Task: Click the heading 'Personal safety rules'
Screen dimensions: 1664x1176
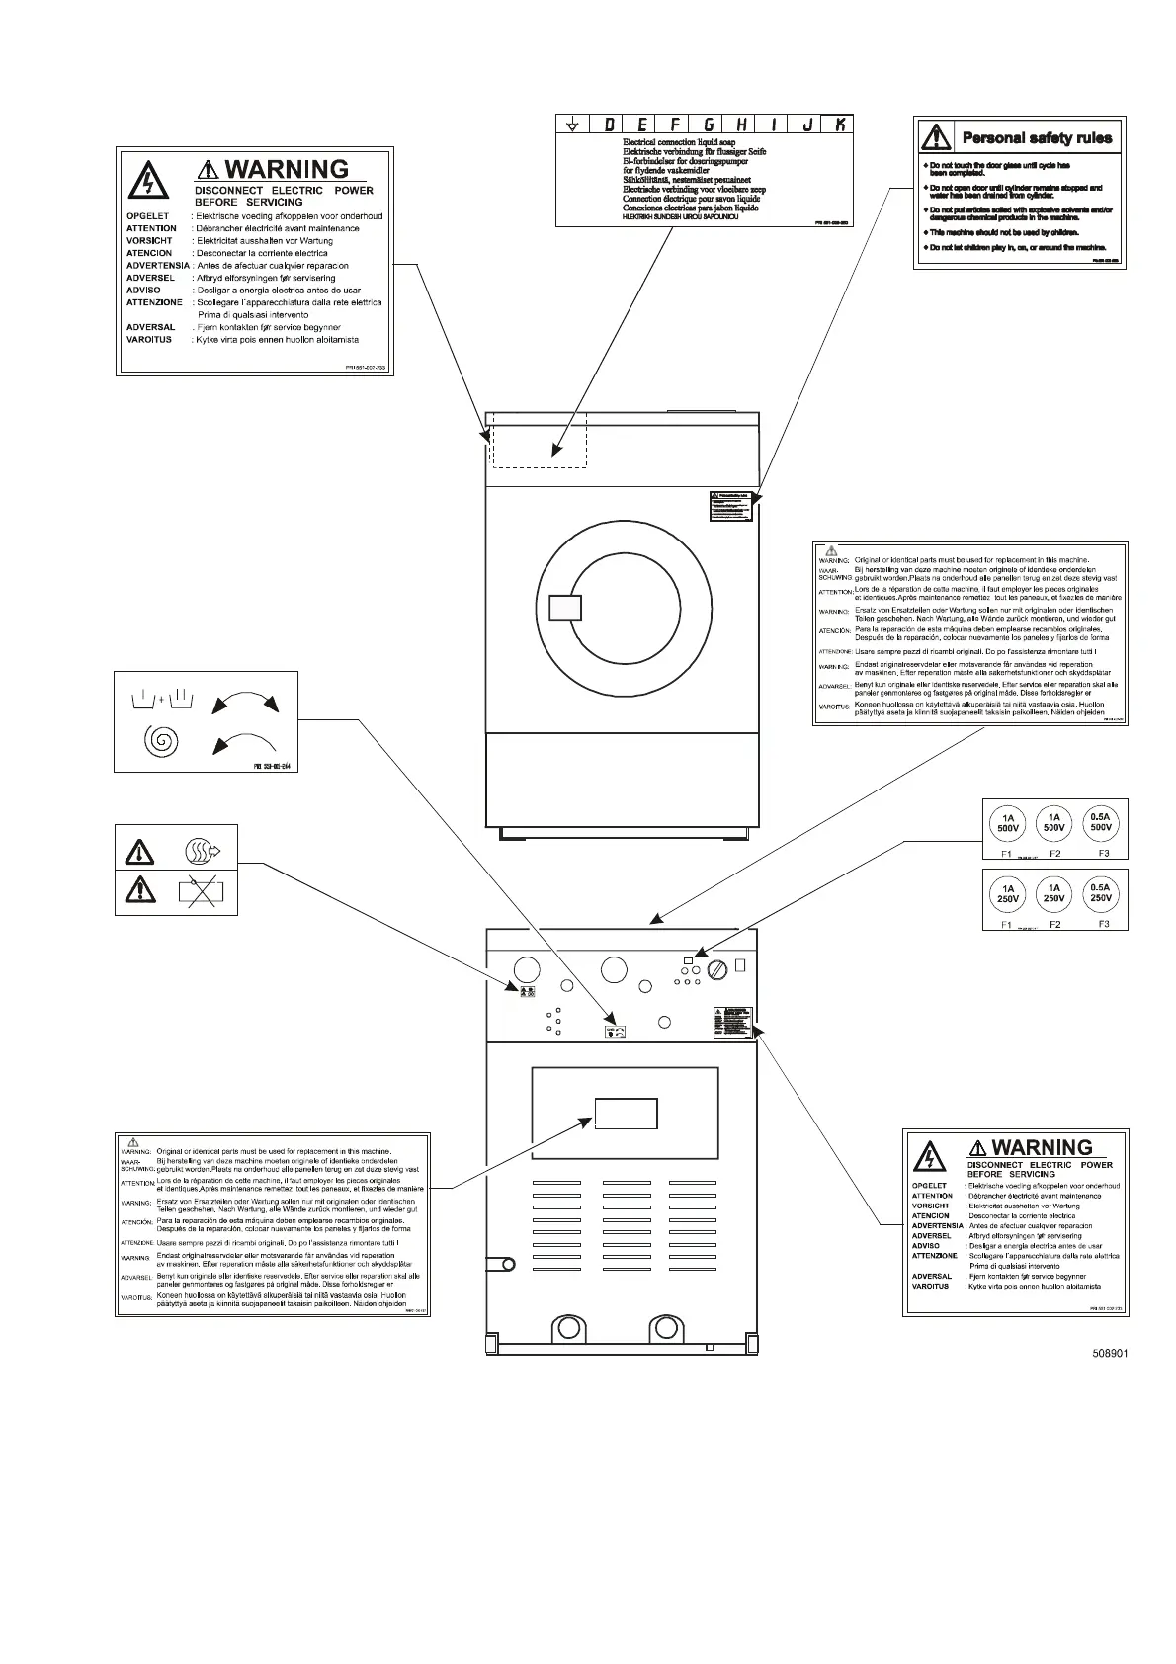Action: [x=1037, y=138]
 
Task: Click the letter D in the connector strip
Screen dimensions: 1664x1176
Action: [x=609, y=124]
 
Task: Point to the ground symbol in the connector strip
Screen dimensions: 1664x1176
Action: [x=572, y=125]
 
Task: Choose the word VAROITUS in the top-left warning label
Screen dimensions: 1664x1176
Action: [x=149, y=340]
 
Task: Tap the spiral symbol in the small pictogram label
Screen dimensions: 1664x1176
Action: [x=161, y=740]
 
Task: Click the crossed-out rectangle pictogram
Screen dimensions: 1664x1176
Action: [x=202, y=892]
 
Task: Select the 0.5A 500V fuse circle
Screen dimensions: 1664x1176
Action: [x=1101, y=823]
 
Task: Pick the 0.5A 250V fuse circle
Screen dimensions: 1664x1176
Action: [x=1101, y=893]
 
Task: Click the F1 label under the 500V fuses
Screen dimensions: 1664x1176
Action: [x=1006, y=853]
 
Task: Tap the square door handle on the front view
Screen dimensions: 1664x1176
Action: [x=565, y=607]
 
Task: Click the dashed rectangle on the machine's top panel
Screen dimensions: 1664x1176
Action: [x=539, y=440]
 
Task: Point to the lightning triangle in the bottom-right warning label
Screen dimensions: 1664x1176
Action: [x=929, y=1156]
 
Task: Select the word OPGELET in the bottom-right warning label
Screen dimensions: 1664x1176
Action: [x=929, y=1186]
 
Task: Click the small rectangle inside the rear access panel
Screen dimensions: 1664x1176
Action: [x=626, y=1114]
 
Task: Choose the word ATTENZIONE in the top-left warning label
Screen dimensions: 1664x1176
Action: [x=155, y=302]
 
